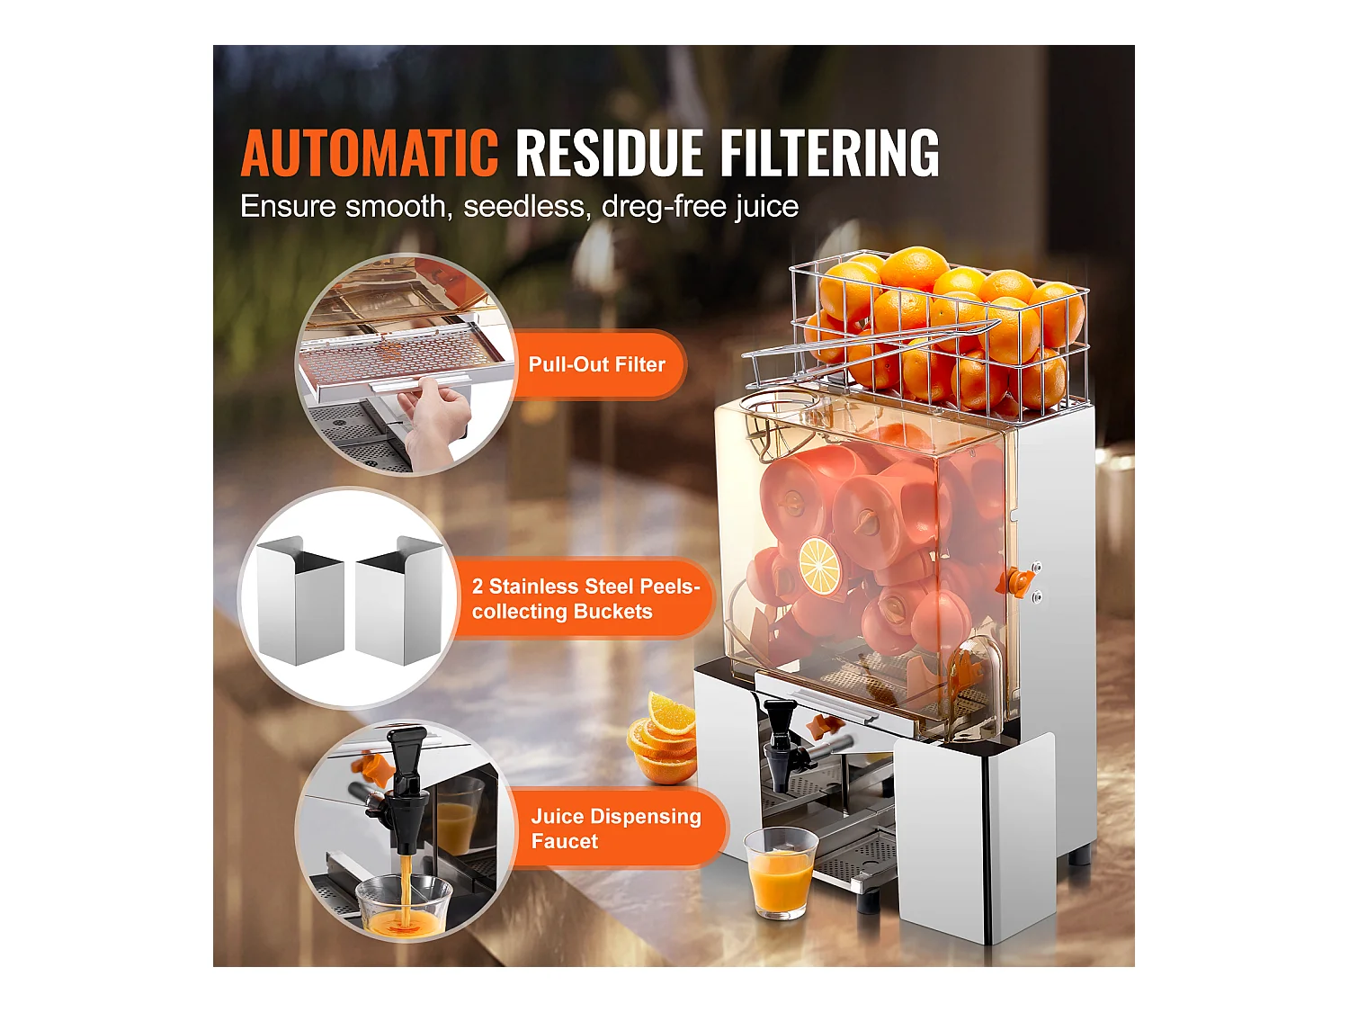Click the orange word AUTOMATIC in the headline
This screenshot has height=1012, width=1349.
(369, 153)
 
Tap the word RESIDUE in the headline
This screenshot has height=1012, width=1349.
(609, 153)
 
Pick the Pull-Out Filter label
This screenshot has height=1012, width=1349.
(596, 364)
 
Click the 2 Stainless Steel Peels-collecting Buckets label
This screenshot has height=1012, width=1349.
(585, 599)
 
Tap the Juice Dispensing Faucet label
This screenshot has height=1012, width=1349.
(615, 828)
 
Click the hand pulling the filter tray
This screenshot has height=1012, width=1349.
(436, 414)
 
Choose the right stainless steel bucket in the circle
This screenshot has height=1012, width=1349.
(399, 601)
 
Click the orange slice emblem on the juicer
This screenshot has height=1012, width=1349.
(819, 565)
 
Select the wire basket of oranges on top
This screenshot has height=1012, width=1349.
(940, 333)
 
